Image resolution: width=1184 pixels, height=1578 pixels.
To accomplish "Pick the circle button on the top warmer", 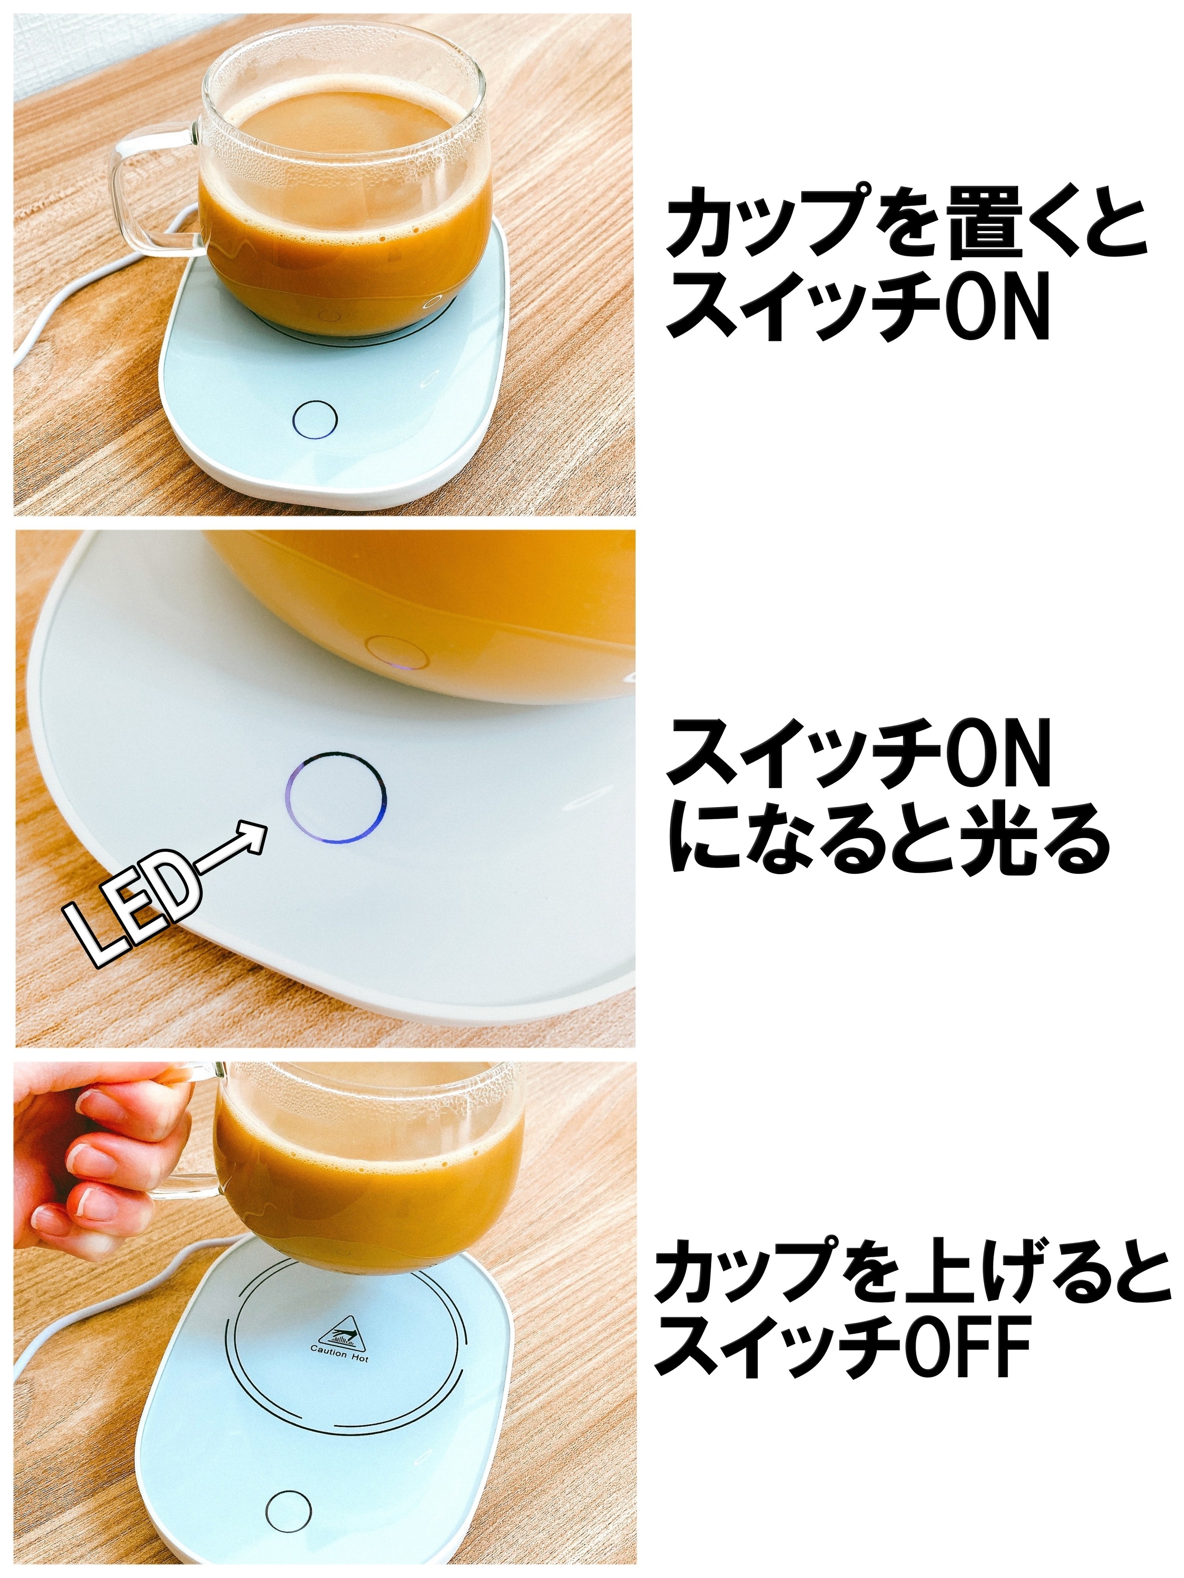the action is [315, 419].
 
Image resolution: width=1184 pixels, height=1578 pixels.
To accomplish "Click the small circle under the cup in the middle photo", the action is [397, 652].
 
